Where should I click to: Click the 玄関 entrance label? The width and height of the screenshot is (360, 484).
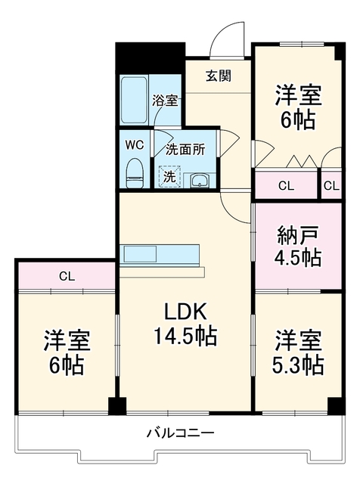click(x=219, y=76)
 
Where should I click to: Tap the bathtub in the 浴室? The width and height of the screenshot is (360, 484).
click(x=134, y=100)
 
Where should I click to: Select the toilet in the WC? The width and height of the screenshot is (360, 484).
click(x=135, y=173)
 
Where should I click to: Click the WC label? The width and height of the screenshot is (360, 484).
click(x=135, y=144)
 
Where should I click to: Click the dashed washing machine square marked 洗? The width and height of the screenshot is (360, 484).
click(x=169, y=177)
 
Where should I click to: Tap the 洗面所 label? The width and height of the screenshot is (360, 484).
click(x=185, y=150)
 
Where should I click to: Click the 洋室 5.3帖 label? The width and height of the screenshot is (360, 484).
click(x=298, y=352)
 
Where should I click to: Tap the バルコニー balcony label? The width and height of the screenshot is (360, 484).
click(x=180, y=433)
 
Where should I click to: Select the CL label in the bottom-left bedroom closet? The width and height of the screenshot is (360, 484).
click(x=67, y=277)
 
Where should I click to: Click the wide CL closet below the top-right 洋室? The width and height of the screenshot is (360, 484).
click(x=286, y=185)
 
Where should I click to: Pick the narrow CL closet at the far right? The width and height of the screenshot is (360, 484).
click(x=331, y=185)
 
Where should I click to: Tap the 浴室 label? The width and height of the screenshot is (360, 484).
click(x=165, y=101)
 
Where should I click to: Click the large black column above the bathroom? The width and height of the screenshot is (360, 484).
click(x=151, y=58)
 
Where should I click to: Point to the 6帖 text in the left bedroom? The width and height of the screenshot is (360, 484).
click(x=67, y=365)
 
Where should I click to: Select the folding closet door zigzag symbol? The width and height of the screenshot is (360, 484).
click(x=302, y=161)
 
